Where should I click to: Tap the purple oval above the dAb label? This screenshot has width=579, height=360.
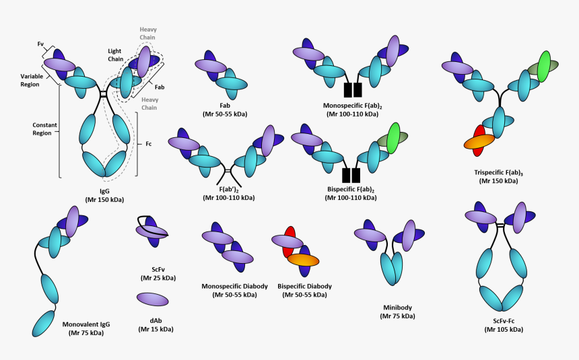153,299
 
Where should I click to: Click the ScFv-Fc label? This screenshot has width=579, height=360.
503,320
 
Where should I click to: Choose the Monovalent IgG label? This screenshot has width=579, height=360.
87,324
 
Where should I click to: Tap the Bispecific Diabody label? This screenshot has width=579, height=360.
305,286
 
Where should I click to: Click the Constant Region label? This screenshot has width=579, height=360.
44,129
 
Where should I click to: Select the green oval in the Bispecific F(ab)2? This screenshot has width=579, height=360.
393,137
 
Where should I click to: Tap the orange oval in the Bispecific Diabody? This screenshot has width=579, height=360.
305,260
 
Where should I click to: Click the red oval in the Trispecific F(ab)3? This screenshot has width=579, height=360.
479,131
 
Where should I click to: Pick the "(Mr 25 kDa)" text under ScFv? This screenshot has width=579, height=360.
158,277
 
